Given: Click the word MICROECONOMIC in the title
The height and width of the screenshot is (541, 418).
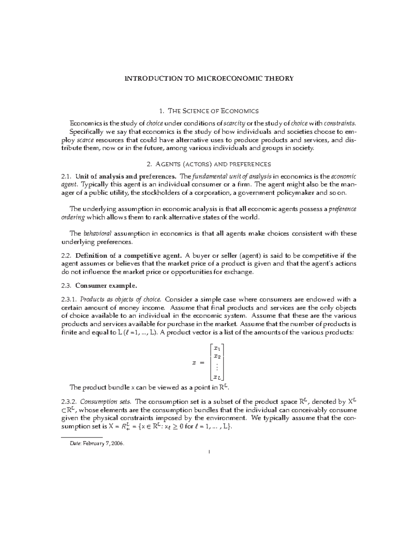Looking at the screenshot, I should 222,78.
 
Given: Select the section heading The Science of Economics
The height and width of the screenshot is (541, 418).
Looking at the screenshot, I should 213,111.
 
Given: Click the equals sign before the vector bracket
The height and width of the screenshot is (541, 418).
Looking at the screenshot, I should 201,363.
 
